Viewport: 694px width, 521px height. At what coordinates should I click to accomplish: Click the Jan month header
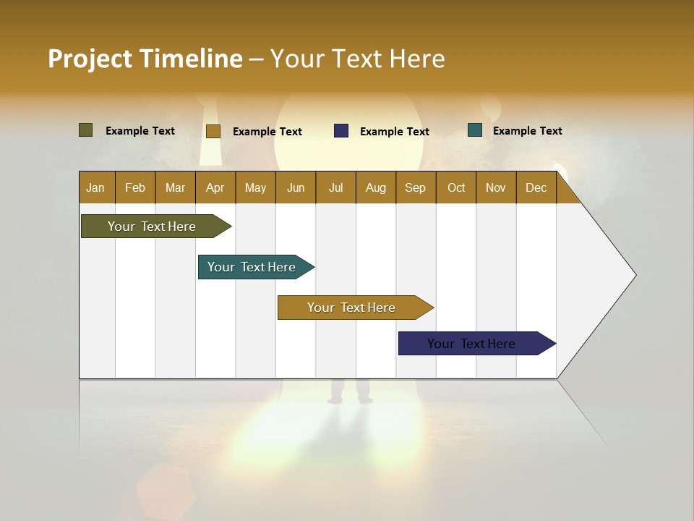click(x=95, y=187)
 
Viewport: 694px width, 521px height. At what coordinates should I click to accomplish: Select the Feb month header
click(x=135, y=187)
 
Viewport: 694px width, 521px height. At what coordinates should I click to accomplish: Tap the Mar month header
click(x=175, y=187)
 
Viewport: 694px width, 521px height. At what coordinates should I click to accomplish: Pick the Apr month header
click(x=215, y=187)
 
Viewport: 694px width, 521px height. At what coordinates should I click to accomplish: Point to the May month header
click(x=255, y=187)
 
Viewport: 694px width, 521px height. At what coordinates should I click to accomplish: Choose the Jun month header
click(x=296, y=187)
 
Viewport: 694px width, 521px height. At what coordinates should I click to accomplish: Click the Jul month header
click(x=335, y=187)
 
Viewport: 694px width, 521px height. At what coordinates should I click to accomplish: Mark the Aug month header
click(x=375, y=187)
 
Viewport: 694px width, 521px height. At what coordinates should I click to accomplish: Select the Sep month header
click(x=415, y=187)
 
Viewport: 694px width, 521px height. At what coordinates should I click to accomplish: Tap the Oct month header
click(x=456, y=187)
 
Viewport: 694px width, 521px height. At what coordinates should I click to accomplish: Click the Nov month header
click(x=496, y=187)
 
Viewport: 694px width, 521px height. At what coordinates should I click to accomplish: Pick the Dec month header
click(x=536, y=187)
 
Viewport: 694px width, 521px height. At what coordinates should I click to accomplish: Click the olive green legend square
click(x=86, y=130)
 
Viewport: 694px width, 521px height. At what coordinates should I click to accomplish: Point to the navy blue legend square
click(x=341, y=130)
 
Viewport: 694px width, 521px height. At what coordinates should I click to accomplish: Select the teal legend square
click(x=475, y=130)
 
